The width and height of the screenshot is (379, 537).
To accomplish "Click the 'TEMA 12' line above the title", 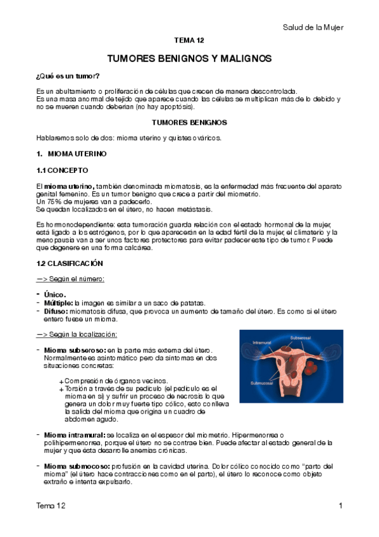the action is (189, 41).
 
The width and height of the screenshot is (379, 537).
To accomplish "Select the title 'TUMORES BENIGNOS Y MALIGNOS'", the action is (189, 58).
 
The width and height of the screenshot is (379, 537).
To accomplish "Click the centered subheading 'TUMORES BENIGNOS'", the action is (189, 122).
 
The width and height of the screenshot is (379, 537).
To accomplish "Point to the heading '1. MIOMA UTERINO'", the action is (71, 154).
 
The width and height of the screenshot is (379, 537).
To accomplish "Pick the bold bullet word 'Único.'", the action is (54, 294).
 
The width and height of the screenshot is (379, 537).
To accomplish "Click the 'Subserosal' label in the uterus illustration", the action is (301, 338).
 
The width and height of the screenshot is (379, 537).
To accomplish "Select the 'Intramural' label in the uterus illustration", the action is (262, 343).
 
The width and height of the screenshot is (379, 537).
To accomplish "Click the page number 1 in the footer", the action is (340, 505).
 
